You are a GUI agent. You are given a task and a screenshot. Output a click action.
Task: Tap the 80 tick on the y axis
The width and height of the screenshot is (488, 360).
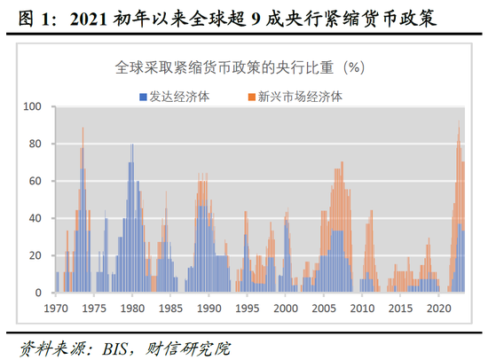coord(36,144)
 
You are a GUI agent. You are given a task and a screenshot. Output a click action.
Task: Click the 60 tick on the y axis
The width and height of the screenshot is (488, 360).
coord(36,181)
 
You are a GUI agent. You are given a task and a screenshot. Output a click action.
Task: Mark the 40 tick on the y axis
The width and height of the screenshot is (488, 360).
coord(36,218)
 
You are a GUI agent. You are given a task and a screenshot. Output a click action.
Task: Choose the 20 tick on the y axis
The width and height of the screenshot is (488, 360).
coord(36,255)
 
